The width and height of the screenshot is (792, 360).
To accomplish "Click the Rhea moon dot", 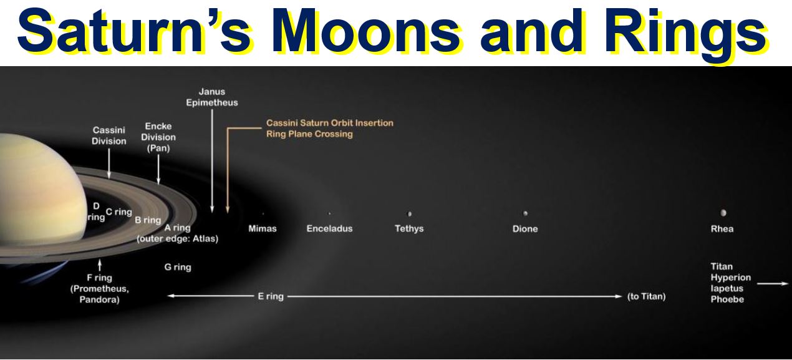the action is click(x=723, y=213).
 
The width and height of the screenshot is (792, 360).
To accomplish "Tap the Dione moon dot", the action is click(x=526, y=213).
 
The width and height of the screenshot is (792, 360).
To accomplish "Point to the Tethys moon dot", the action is click(x=410, y=213).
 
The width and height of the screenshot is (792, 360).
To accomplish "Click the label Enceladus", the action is click(x=329, y=228).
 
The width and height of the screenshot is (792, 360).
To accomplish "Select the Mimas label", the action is click(x=263, y=228).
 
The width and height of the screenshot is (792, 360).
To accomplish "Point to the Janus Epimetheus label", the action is click(x=212, y=97).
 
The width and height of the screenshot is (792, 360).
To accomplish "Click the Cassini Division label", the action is click(x=109, y=135).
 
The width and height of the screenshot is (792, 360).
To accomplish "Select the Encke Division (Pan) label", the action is click(x=158, y=137).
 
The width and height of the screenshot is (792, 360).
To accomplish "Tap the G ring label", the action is click(x=178, y=267).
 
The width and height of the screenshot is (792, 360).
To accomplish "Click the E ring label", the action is click(x=271, y=296).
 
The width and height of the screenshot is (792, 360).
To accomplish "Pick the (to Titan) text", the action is click(x=646, y=296).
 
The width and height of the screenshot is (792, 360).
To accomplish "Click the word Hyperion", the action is click(x=730, y=277).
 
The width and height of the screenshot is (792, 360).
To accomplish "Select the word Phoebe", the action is click(x=727, y=299).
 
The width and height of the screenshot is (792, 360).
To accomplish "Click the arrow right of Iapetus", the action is click(x=773, y=283).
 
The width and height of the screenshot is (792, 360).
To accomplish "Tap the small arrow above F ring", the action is click(x=100, y=265).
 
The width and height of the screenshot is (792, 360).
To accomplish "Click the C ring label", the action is click(x=118, y=212).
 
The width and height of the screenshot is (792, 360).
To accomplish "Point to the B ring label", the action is click(x=148, y=220).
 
